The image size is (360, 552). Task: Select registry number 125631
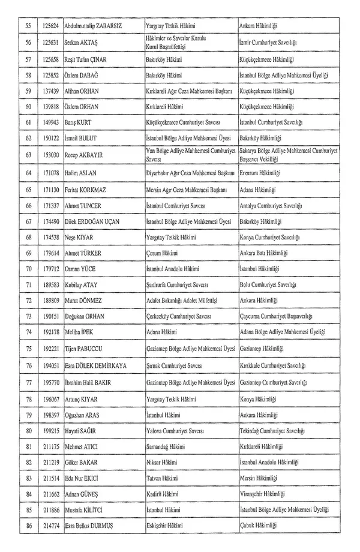coord(50,43)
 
